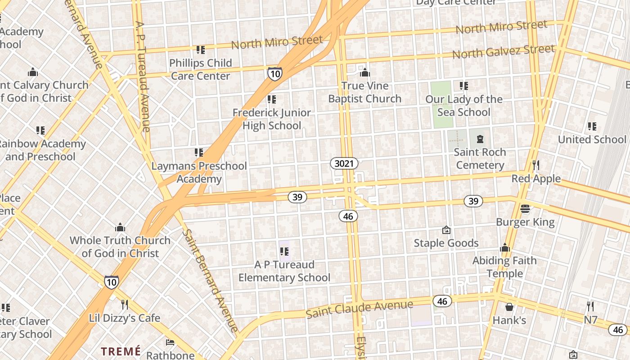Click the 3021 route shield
tap(344, 163)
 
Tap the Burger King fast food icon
tap(525, 208)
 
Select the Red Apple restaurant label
tap(536, 179)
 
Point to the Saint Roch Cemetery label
tap(480, 159)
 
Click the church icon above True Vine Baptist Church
tap(365, 72)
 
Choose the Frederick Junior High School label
tap(271, 119)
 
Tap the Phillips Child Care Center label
tap(201, 69)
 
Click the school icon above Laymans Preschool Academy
tap(198, 153)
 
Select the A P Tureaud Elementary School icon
tap(284, 251)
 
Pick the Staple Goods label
tap(446, 243)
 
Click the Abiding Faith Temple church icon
tap(504, 247)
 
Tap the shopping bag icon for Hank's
tap(509, 307)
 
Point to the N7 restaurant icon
tap(590, 306)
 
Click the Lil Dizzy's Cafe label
tap(125, 318)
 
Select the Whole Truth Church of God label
tap(120, 247)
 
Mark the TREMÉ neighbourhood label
tap(121, 351)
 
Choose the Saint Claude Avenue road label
tap(359, 309)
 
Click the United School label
tap(592, 139)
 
